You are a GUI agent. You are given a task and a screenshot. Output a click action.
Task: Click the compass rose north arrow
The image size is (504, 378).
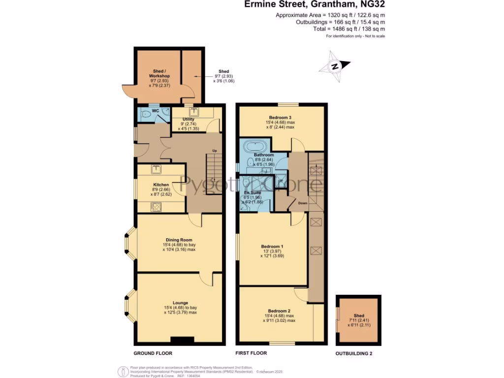[335, 67]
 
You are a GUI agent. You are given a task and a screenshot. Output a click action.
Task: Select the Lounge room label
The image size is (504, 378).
[180, 303]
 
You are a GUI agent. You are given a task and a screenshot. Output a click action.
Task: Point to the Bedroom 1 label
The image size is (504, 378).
[272, 246]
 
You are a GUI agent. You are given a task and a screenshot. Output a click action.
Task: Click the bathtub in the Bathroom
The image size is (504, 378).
[255, 146]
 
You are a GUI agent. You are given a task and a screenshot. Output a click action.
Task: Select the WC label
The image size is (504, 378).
[155, 110]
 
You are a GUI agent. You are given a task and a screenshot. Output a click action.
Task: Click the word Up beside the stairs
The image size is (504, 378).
[214, 150]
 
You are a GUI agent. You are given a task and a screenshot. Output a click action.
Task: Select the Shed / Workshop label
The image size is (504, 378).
[159, 73]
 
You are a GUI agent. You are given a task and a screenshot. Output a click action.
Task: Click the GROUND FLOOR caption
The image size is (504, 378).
[153, 353]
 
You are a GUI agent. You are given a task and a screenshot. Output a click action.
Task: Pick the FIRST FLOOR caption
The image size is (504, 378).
[251, 353]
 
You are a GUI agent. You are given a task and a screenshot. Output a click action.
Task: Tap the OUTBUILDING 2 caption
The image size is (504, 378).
[357, 353]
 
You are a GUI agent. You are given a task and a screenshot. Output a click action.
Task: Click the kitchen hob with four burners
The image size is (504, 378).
[157, 207]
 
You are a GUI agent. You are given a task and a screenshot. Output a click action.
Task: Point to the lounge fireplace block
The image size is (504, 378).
[180, 340]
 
